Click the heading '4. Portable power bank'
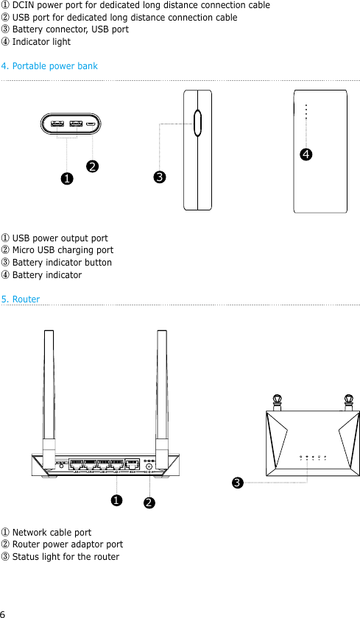(49, 66)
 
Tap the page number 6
(3, 613)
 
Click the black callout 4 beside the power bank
(304, 154)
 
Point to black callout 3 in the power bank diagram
(159, 177)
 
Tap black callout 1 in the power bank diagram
(66, 178)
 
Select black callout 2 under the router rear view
(149, 502)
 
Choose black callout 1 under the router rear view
(116, 500)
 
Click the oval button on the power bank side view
(197, 123)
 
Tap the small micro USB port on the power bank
(90, 124)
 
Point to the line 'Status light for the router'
(66, 557)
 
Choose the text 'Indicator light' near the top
(41, 42)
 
